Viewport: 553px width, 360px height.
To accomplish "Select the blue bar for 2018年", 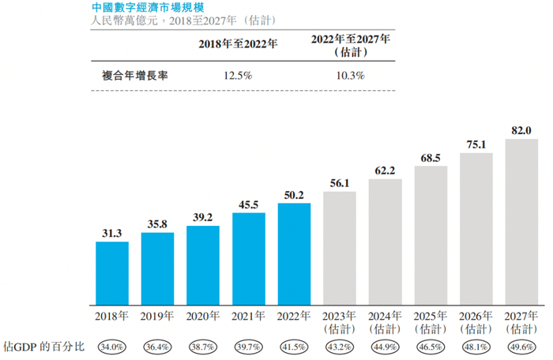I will tap(112, 273).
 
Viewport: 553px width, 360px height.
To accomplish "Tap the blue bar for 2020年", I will tap(203, 265).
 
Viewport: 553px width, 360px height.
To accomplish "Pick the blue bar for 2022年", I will tap(294, 254).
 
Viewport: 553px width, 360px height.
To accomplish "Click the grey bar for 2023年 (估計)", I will tap(340, 248).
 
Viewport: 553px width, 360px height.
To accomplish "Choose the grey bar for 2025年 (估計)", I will tap(431, 235).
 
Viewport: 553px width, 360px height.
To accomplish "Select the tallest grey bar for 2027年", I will tap(521, 222).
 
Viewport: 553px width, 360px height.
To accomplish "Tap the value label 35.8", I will tap(157, 223).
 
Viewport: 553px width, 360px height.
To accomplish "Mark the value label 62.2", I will tap(385, 170).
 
